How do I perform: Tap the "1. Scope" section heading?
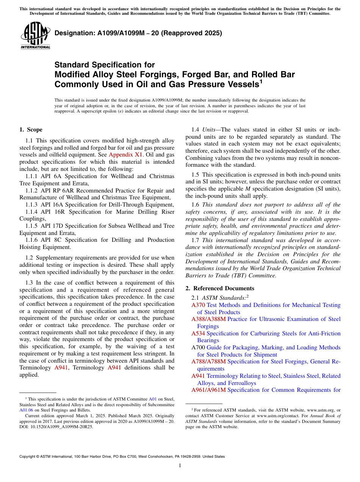pyautogui.click(x=31, y=130)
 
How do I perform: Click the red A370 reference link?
pyautogui.click(x=198, y=305)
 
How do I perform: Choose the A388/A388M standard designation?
pyautogui.click(x=208, y=319)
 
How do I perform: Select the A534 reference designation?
pyautogui.click(x=198, y=333)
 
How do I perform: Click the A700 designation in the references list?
pyautogui.click(x=198, y=347)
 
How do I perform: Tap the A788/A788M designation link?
pyautogui.click(x=208, y=361)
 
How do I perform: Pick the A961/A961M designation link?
pyautogui.click(x=208, y=390)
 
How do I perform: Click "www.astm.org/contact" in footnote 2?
pyautogui.click(x=278, y=416)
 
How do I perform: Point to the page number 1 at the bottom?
pyautogui.click(x=180, y=466)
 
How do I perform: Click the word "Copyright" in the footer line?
pyautogui.click(x=28, y=457)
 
